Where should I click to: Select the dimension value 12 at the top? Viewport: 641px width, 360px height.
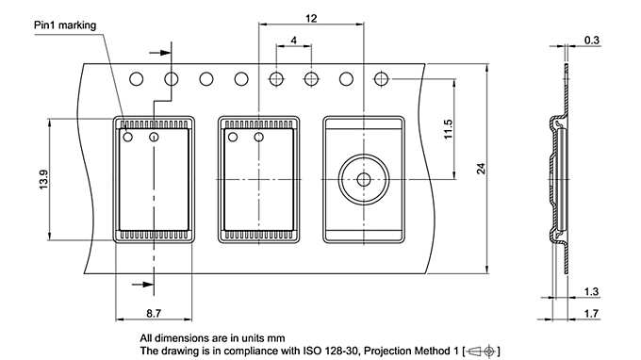click(x=311, y=17)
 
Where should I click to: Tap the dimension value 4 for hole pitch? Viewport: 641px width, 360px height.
click(x=294, y=41)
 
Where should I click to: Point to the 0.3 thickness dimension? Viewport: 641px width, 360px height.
click(x=592, y=40)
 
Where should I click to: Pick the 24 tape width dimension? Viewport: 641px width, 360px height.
click(x=480, y=169)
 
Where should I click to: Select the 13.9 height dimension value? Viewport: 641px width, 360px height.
click(x=42, y=179)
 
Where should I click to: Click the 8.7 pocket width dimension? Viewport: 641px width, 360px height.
click(x=153, y=311)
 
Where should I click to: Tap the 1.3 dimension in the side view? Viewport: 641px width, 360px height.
click(x=592, y=291)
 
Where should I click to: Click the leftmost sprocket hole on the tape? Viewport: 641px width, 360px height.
click(x=136, y=79)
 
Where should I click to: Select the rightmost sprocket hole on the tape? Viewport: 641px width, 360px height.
click(x=382, y=79)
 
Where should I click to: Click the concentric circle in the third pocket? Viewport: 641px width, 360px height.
click(x=363, y=179)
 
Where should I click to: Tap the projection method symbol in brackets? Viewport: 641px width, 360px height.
click(x=480, y=351)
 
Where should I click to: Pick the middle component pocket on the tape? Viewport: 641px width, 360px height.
click(x=259, y=179)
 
